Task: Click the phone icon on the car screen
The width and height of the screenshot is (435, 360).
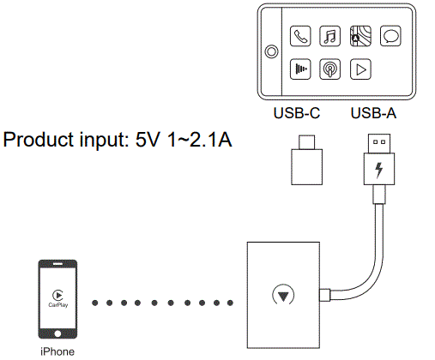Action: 300,37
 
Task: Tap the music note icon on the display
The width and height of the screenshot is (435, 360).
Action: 329,37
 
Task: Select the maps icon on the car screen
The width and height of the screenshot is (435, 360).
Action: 359,37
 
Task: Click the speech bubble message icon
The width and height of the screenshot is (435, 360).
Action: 390,37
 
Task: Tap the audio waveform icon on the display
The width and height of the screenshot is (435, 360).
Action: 300,69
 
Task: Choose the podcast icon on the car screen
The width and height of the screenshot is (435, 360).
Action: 329,69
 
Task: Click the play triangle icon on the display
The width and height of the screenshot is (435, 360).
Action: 360,69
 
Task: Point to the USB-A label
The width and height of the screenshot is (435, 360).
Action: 373,112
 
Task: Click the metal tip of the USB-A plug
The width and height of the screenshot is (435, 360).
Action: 378,142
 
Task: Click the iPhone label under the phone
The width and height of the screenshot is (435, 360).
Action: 57,351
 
